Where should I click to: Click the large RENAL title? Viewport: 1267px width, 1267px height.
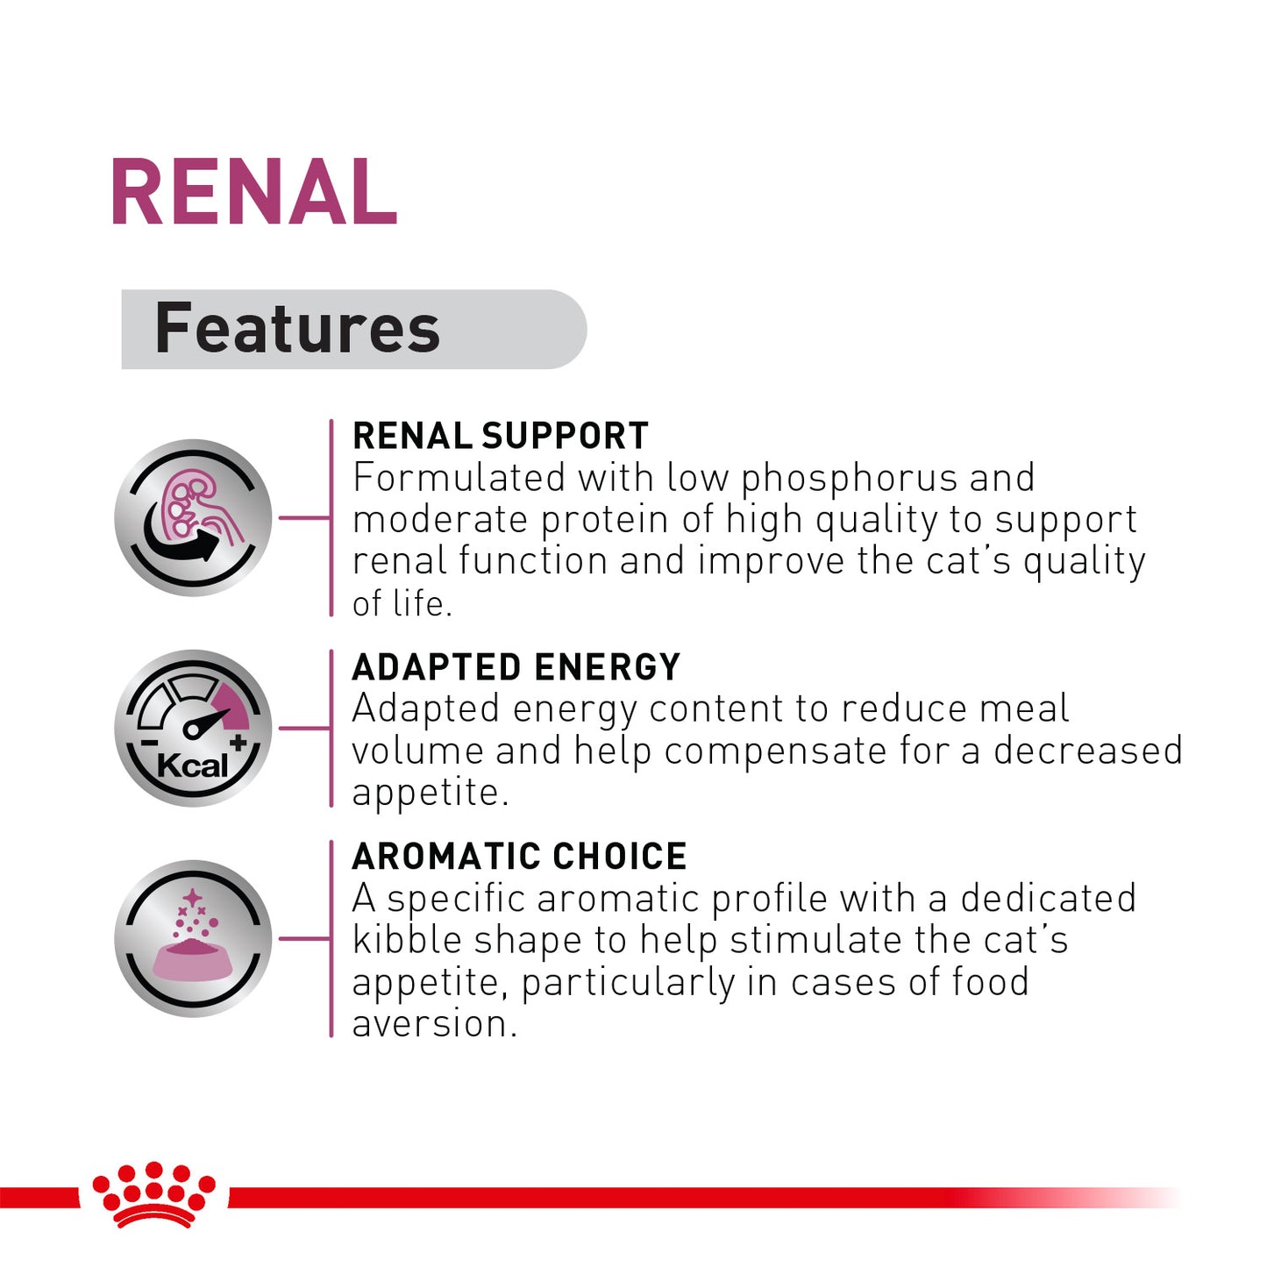(253, 193)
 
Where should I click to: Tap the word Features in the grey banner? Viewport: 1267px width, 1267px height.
(297, 329)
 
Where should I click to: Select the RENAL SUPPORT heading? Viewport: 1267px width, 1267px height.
(500, 436)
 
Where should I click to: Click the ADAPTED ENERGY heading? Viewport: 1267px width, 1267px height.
(516, 667)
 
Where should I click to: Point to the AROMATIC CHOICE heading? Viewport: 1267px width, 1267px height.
(519, 857)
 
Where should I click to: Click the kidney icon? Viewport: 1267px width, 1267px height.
(193, 517)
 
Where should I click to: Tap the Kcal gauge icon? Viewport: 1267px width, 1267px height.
(193, 728)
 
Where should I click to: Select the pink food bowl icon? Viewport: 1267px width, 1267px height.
(193, 939)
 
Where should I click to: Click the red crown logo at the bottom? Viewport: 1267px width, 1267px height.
(154, 1193)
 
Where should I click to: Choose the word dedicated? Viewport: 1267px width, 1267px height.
(1048, 899)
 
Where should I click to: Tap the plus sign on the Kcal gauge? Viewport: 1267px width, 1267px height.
(238, 744)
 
